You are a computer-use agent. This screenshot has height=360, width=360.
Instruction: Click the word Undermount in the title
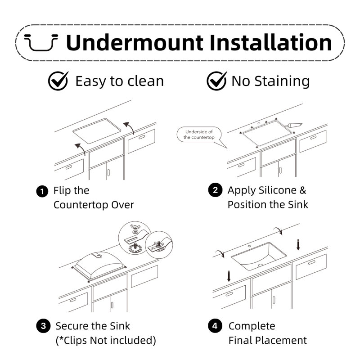click(x=135, y=42)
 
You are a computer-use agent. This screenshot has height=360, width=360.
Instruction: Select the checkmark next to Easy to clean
click(x=58, y=81)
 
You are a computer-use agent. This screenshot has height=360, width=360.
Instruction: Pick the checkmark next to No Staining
click(x=216, y=81)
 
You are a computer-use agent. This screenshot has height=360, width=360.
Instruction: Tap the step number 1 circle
click(x=42, y=191)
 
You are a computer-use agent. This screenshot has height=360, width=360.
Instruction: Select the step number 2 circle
click(x=215, y=190)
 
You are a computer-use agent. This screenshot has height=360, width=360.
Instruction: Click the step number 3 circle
click(x=43, y=326)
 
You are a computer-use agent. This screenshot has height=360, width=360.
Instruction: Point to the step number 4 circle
click(x=215, y=325)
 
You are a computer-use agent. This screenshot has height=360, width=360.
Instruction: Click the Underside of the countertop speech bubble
click(x=199, y=135)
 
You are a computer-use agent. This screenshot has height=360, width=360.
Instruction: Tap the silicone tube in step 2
click(x=293, y=125)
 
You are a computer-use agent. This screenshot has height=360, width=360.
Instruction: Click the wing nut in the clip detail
click(x=135, y=227)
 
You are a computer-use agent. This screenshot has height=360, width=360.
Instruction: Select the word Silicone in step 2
click(x=278, y=190)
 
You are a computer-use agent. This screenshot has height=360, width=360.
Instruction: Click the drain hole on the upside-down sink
click(x=99, y=256)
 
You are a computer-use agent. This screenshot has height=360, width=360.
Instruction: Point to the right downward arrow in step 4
click(x=298, y=245)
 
